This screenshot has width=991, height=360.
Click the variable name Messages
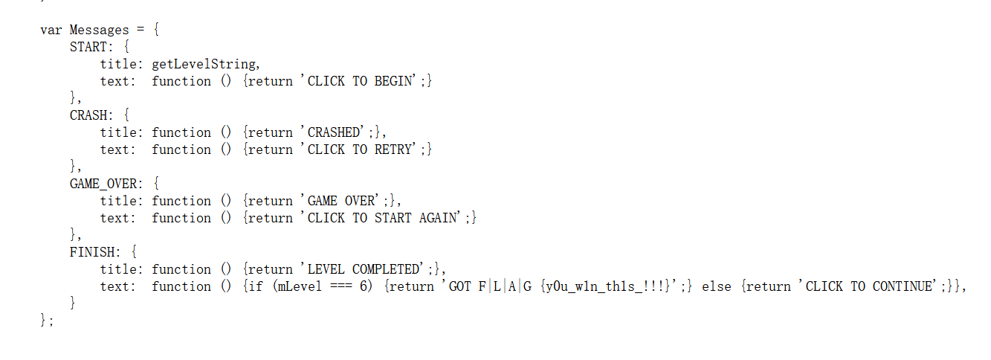[x=99, y=30]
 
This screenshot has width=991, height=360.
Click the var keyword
[x=51, y=30]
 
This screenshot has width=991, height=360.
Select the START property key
[x=88, y=47]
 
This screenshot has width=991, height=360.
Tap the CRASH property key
[x=88, y=115]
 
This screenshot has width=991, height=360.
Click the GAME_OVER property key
[x=103, y=184]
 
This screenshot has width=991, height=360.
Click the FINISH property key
[x=91, y=252]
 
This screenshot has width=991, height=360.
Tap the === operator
[x=341, y=286]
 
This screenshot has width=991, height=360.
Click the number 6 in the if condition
[x=364, y=286]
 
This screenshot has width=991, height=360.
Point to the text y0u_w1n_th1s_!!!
[x=593, y=286]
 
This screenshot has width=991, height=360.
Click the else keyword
[x=716, y=286]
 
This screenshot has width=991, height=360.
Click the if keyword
[x=256, y=286]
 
